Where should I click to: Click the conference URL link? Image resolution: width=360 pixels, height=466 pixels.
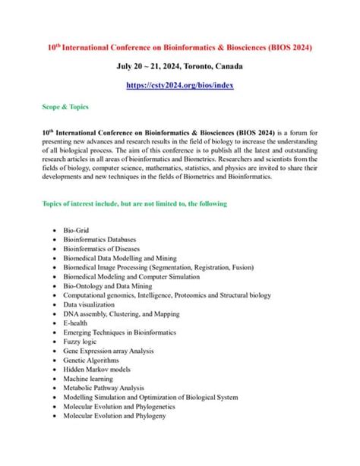[180, 87]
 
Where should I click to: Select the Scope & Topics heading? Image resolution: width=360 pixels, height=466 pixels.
[65, 108]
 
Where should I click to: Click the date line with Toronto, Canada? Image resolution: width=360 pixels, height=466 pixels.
[180, 67]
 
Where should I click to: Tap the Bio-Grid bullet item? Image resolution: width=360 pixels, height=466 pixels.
[77, 228]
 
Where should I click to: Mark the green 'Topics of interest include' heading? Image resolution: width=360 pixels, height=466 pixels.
[134, 204]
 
